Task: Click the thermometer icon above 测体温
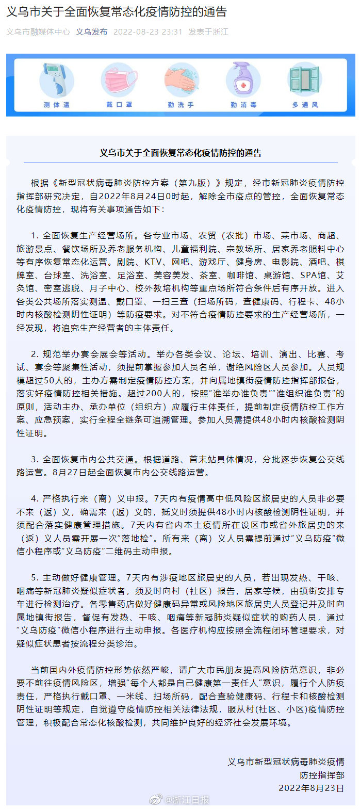[x=56, y=80]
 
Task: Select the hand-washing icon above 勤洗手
[x=181, y=80]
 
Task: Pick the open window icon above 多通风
[x=304, y=80]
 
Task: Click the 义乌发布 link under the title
[x=92, y=31]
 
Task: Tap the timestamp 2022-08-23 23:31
[x=148, y=31]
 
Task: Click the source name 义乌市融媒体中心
[x=38, y=31]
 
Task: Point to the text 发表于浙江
[x=208, y=31]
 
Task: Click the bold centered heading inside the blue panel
[x=180, y=153]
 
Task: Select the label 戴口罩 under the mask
[x=118, y=105]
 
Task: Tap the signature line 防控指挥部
[x=322, y=774]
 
